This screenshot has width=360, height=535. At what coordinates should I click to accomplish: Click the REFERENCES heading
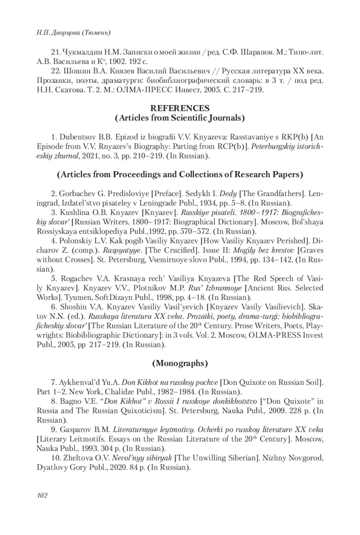coord(180,108)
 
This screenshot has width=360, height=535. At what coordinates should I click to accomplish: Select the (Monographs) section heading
coord(180,363)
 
